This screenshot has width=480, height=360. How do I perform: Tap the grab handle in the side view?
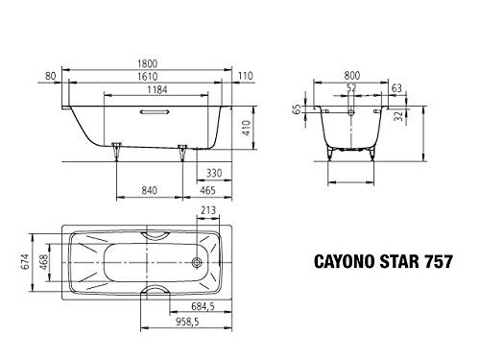[x=154, y=112]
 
